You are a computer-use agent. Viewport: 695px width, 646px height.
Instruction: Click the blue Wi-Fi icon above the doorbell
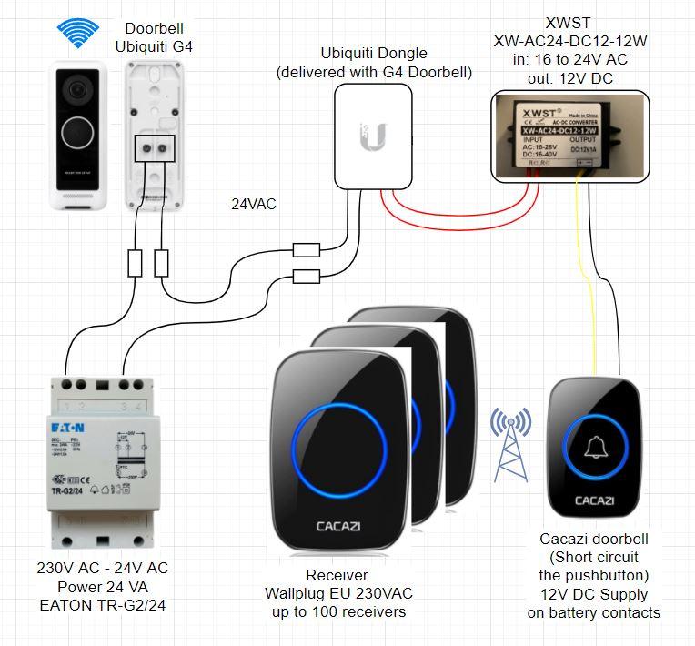tap(77, 33)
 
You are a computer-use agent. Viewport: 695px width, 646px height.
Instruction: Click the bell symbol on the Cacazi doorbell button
tap(595, 447)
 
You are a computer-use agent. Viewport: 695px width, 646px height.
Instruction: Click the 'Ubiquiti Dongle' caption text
tap(375, 54)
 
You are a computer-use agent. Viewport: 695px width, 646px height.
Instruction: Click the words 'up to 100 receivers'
tap(337, 612)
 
